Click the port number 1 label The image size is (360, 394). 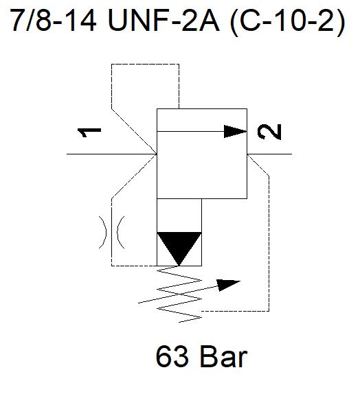(89, 132)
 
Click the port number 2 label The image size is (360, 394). (269, 132)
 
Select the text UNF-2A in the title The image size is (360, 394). (164, 20)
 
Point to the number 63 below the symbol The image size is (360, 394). (172, 356)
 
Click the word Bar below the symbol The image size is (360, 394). (224, 356)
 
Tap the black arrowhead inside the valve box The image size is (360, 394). (235, 131)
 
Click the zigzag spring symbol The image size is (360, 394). (179, 294)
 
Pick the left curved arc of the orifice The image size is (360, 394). (103, 232)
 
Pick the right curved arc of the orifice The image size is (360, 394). (121, 232)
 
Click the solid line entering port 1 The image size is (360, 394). (112, 154)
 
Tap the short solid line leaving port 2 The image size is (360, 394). (269, 154)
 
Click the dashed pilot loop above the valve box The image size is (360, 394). (146, 64)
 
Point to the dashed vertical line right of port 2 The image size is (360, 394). (269, 243)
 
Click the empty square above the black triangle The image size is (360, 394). (179, 216)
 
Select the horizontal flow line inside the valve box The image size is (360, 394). (190, 131)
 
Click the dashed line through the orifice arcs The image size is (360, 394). (112, 232)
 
